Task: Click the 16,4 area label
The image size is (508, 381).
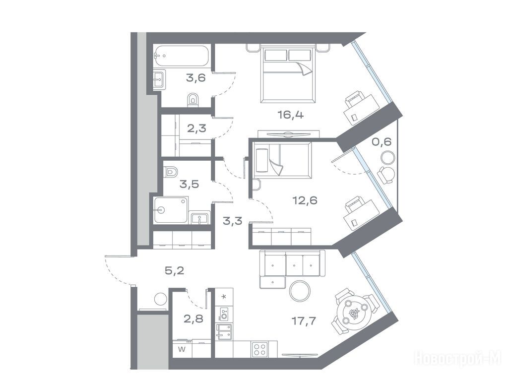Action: pos(291,115)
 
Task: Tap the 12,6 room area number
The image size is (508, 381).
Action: pos(305,200)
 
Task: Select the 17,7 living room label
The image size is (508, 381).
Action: pos(304,321)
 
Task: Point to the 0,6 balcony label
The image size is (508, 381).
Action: pos(381,142)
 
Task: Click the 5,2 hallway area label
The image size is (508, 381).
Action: pos(175,270)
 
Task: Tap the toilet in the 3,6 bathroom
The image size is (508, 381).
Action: pos(193,100)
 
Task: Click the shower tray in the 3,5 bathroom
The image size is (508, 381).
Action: pos(171,210)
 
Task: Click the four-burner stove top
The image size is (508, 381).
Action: pos(260,349)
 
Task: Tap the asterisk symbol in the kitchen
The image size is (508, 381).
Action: pos(224,297)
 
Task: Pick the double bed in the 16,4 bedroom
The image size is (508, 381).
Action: pos(288,75)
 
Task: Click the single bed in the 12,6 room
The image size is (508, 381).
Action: pos(282,160)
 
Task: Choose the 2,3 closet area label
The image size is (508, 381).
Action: pos(196,128)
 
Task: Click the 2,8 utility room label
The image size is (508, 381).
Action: pos(193,319)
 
